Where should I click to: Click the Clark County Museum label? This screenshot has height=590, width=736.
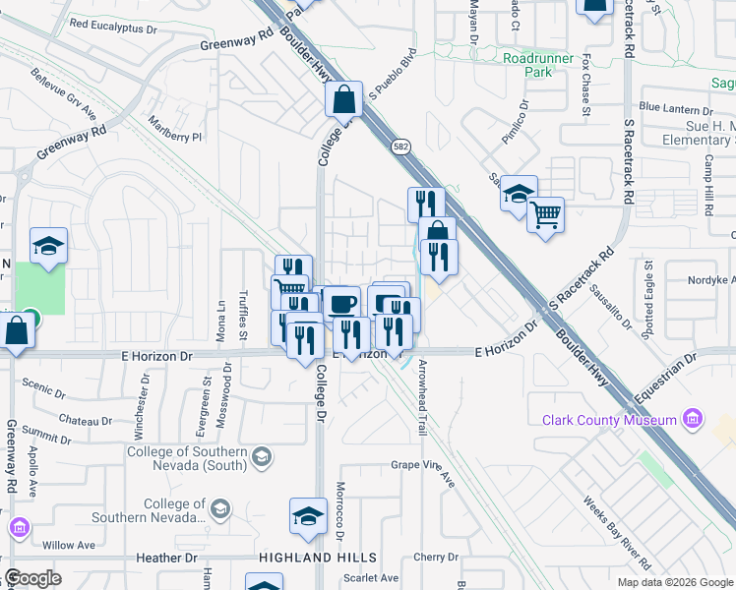(x=609, y=421)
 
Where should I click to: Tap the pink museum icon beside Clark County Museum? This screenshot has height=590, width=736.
(x=693, y=420)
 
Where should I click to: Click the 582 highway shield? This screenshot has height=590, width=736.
(x=406, y=147)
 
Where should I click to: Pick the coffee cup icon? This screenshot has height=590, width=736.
(x=342, y=303)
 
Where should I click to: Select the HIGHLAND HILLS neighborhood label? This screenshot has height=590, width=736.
(x=306, y=558)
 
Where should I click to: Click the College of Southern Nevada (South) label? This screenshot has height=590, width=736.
(x=190, y=459)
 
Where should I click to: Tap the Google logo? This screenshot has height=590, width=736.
(x=32, y=578)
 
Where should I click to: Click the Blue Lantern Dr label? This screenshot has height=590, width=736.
(x=677, y=106)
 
